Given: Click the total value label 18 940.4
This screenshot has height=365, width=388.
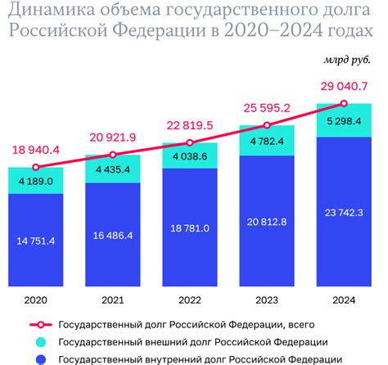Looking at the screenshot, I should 35,150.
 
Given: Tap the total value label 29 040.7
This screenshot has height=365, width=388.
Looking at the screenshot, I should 344,86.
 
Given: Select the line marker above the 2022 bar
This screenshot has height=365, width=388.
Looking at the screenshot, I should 190,142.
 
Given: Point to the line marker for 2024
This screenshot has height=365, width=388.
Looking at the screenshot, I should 344,103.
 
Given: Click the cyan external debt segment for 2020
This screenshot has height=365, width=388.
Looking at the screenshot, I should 35,181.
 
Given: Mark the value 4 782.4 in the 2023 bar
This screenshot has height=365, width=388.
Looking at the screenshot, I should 267,141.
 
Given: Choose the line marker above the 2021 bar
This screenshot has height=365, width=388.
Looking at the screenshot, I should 113,154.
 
